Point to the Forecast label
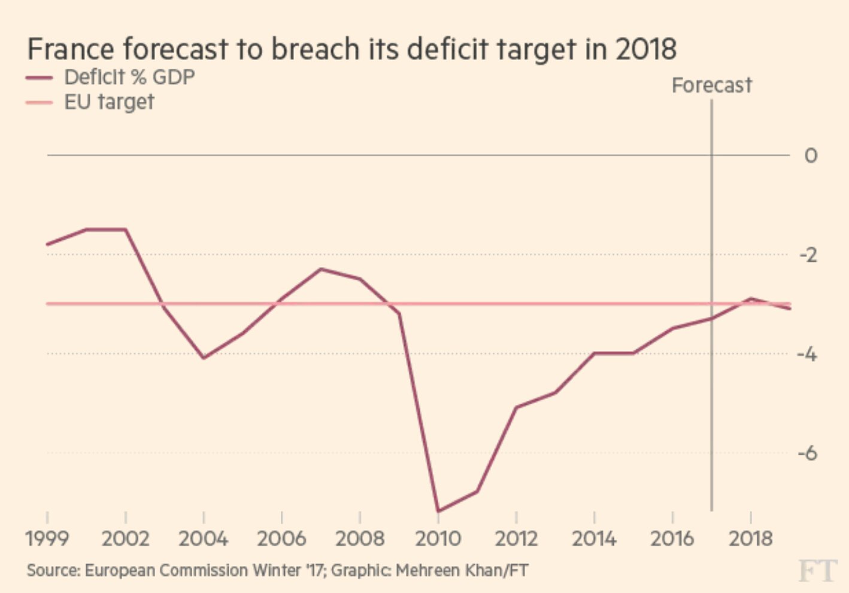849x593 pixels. [711, 86]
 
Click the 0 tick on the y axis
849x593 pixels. [810, 156]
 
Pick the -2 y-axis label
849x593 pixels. [808, 255]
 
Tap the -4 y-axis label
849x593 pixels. [807, 354]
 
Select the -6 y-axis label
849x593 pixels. [807, 453]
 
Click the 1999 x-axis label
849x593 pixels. [47, 538]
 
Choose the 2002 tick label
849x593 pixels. [125, 538]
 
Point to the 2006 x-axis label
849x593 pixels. [281, 538]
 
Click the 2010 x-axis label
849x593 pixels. [438, 538]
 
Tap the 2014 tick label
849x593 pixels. [594, 538]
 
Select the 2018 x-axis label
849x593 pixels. [750, 538]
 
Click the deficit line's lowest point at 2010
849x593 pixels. [438, 511]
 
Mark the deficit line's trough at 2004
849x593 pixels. [204, 358]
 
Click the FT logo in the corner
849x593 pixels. [816, 570]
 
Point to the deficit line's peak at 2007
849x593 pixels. [321, 269]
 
